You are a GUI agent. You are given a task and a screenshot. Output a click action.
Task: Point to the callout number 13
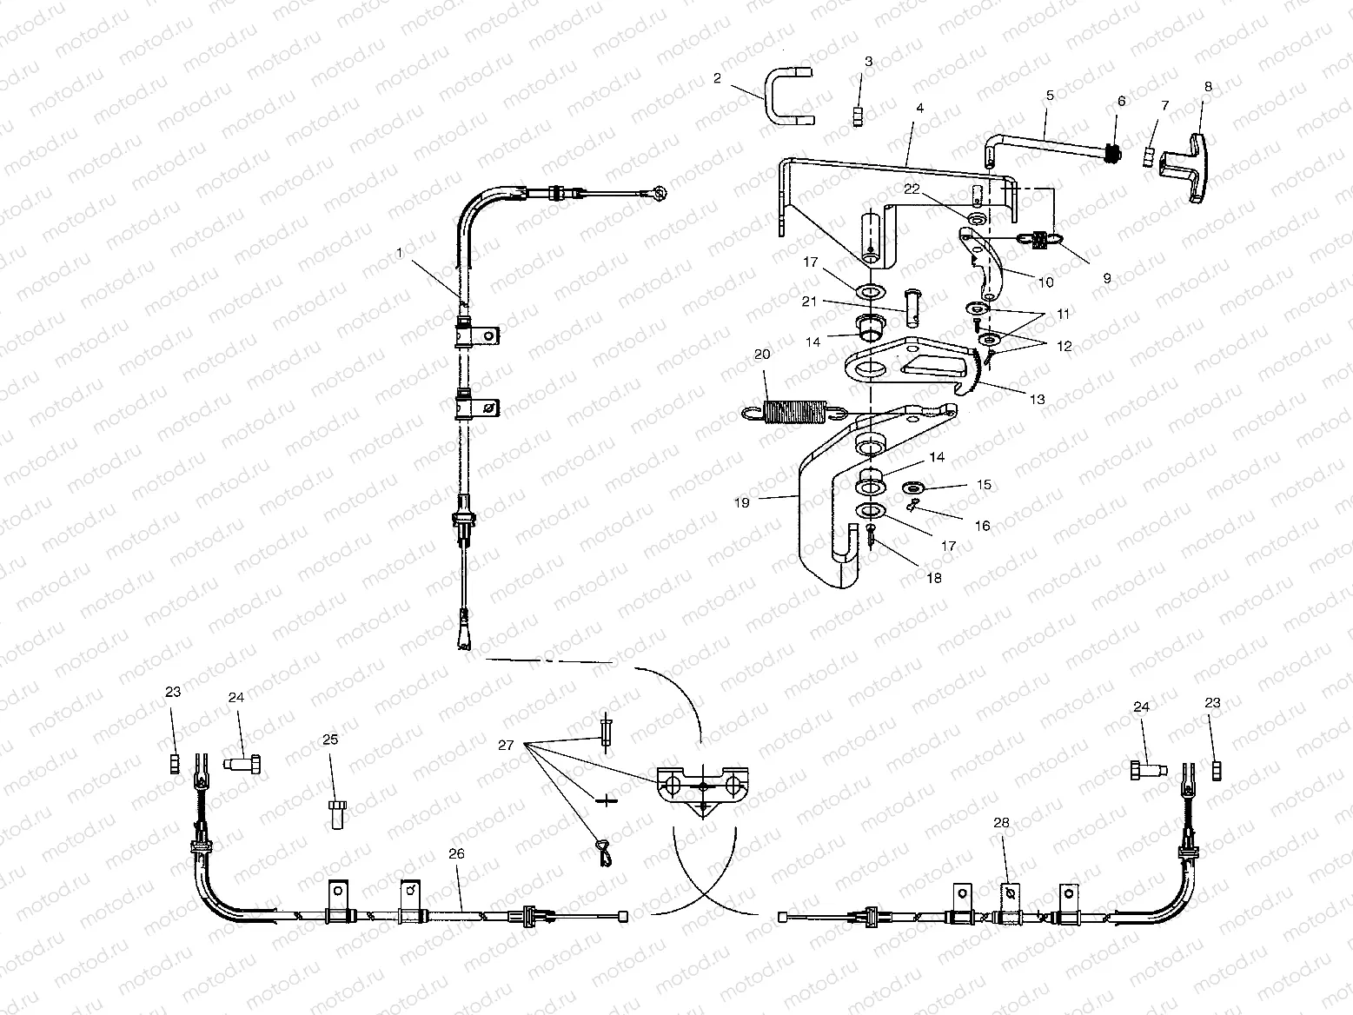1036,400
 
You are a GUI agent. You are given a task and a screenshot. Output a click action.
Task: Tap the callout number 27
507,745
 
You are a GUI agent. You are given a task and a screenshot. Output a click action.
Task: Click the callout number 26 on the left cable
456,853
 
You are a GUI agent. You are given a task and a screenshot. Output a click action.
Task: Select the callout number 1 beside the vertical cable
400,252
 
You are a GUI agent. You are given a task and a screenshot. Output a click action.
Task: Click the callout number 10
1045,282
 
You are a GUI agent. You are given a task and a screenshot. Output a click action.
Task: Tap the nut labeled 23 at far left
173,763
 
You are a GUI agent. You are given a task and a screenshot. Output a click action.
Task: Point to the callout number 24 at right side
1141,707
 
